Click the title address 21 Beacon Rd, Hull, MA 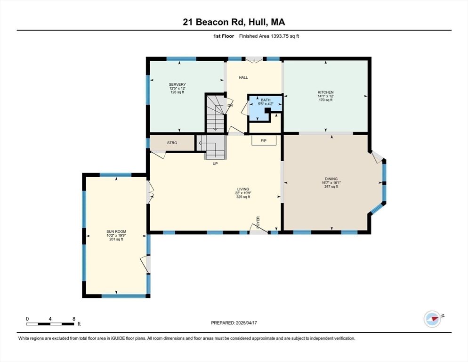pos(234,22)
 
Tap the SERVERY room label pos(178,84)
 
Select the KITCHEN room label pos(325,92)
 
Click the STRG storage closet pos(172,143)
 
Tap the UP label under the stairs pos(215,164)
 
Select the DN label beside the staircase pos(230,106)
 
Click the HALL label pos(243,78)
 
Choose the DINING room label pos(331,179)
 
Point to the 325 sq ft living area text pos(242,197)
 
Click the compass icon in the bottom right pos(432,319)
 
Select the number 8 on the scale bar pos(74,319)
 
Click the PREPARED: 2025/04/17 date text pos(234,323)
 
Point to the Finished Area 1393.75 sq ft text pos(269,36)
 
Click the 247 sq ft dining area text pos(331,187)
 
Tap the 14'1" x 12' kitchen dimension pos(325,96)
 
